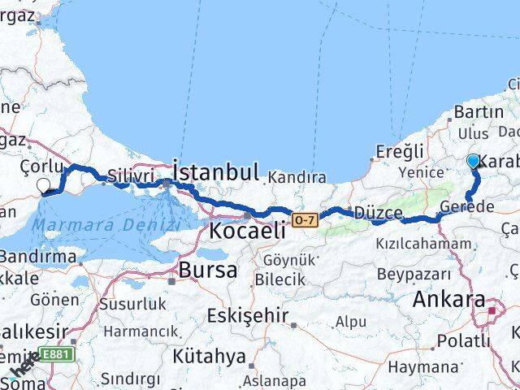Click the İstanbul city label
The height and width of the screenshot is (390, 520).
(x=215, y=171)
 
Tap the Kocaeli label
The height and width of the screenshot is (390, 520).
(x=247, y=230)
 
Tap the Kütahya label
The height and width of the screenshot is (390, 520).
(x=209, y=356)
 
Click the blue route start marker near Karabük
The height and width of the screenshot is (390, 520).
(x=474, y=162)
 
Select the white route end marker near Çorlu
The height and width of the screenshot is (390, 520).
(x=44, y=187)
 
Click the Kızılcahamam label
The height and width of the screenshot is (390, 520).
(x=422, y=243)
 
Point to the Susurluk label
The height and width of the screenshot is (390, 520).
(x=134, y=303)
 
